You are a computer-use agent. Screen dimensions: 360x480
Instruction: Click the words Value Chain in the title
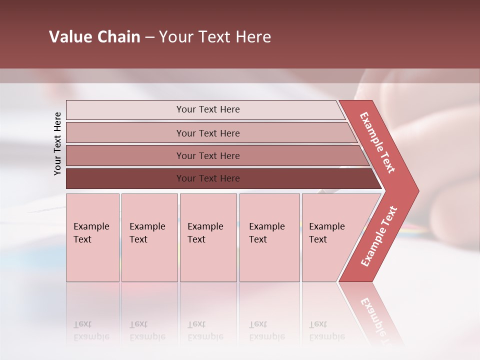click(94, 37)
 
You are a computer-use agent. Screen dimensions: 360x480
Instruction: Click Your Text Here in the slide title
click(215, 37)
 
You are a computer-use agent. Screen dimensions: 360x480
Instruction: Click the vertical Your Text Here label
click(57, 143)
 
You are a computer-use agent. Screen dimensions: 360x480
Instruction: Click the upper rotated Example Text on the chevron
click(377, 142)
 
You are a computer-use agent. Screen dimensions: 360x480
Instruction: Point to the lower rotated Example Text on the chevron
click(379, 236)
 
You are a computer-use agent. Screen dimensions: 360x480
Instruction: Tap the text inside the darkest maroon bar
click(208, 178)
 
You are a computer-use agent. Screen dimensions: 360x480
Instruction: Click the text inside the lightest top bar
click(208, 109)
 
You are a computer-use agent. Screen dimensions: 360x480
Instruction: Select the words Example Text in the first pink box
click(91, 233)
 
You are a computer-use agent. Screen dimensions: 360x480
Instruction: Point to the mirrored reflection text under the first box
click(91, 330)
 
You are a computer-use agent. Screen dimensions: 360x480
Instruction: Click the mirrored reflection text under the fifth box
click(326, 330)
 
